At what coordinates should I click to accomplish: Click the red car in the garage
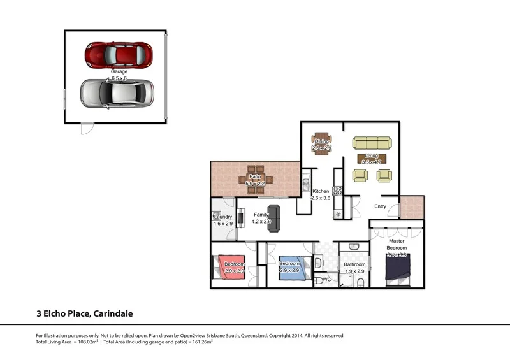pos(119,55)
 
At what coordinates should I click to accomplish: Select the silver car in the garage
pos(117,93)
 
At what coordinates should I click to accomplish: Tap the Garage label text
pos(119,72)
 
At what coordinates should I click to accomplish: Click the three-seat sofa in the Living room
pos(373,143)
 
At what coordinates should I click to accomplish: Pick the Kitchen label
pos(321,191)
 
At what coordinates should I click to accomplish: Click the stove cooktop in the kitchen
pos(337,189)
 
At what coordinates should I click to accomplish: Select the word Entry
pos(380,206)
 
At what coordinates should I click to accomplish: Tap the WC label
pos(326,279)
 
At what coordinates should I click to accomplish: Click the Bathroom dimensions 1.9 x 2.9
pos(354,271)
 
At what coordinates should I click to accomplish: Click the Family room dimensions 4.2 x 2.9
pos(262,222)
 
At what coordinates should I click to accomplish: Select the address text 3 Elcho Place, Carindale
pos(84,313)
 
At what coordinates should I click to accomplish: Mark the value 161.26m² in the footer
pos(198,342)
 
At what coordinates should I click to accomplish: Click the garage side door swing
pos(85,129)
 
